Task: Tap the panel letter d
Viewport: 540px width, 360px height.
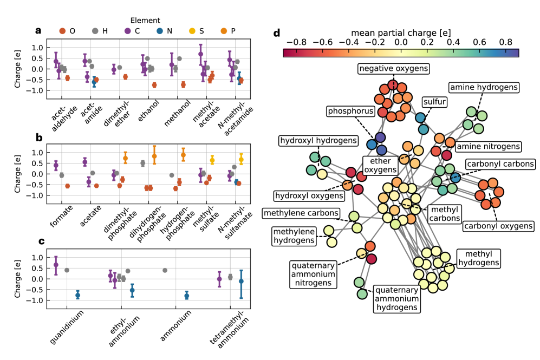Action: click(276, 33)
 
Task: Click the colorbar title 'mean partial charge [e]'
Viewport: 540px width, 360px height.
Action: click(401, 32)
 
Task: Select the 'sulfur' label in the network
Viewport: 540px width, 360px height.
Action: click(435, 101)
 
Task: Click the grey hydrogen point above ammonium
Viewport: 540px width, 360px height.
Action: click(165, 271)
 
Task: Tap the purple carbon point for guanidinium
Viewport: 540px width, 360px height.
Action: click(56, 265)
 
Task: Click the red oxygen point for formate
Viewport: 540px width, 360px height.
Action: click(67, 186)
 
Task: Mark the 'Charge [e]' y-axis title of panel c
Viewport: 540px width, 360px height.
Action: click(18, 279)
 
